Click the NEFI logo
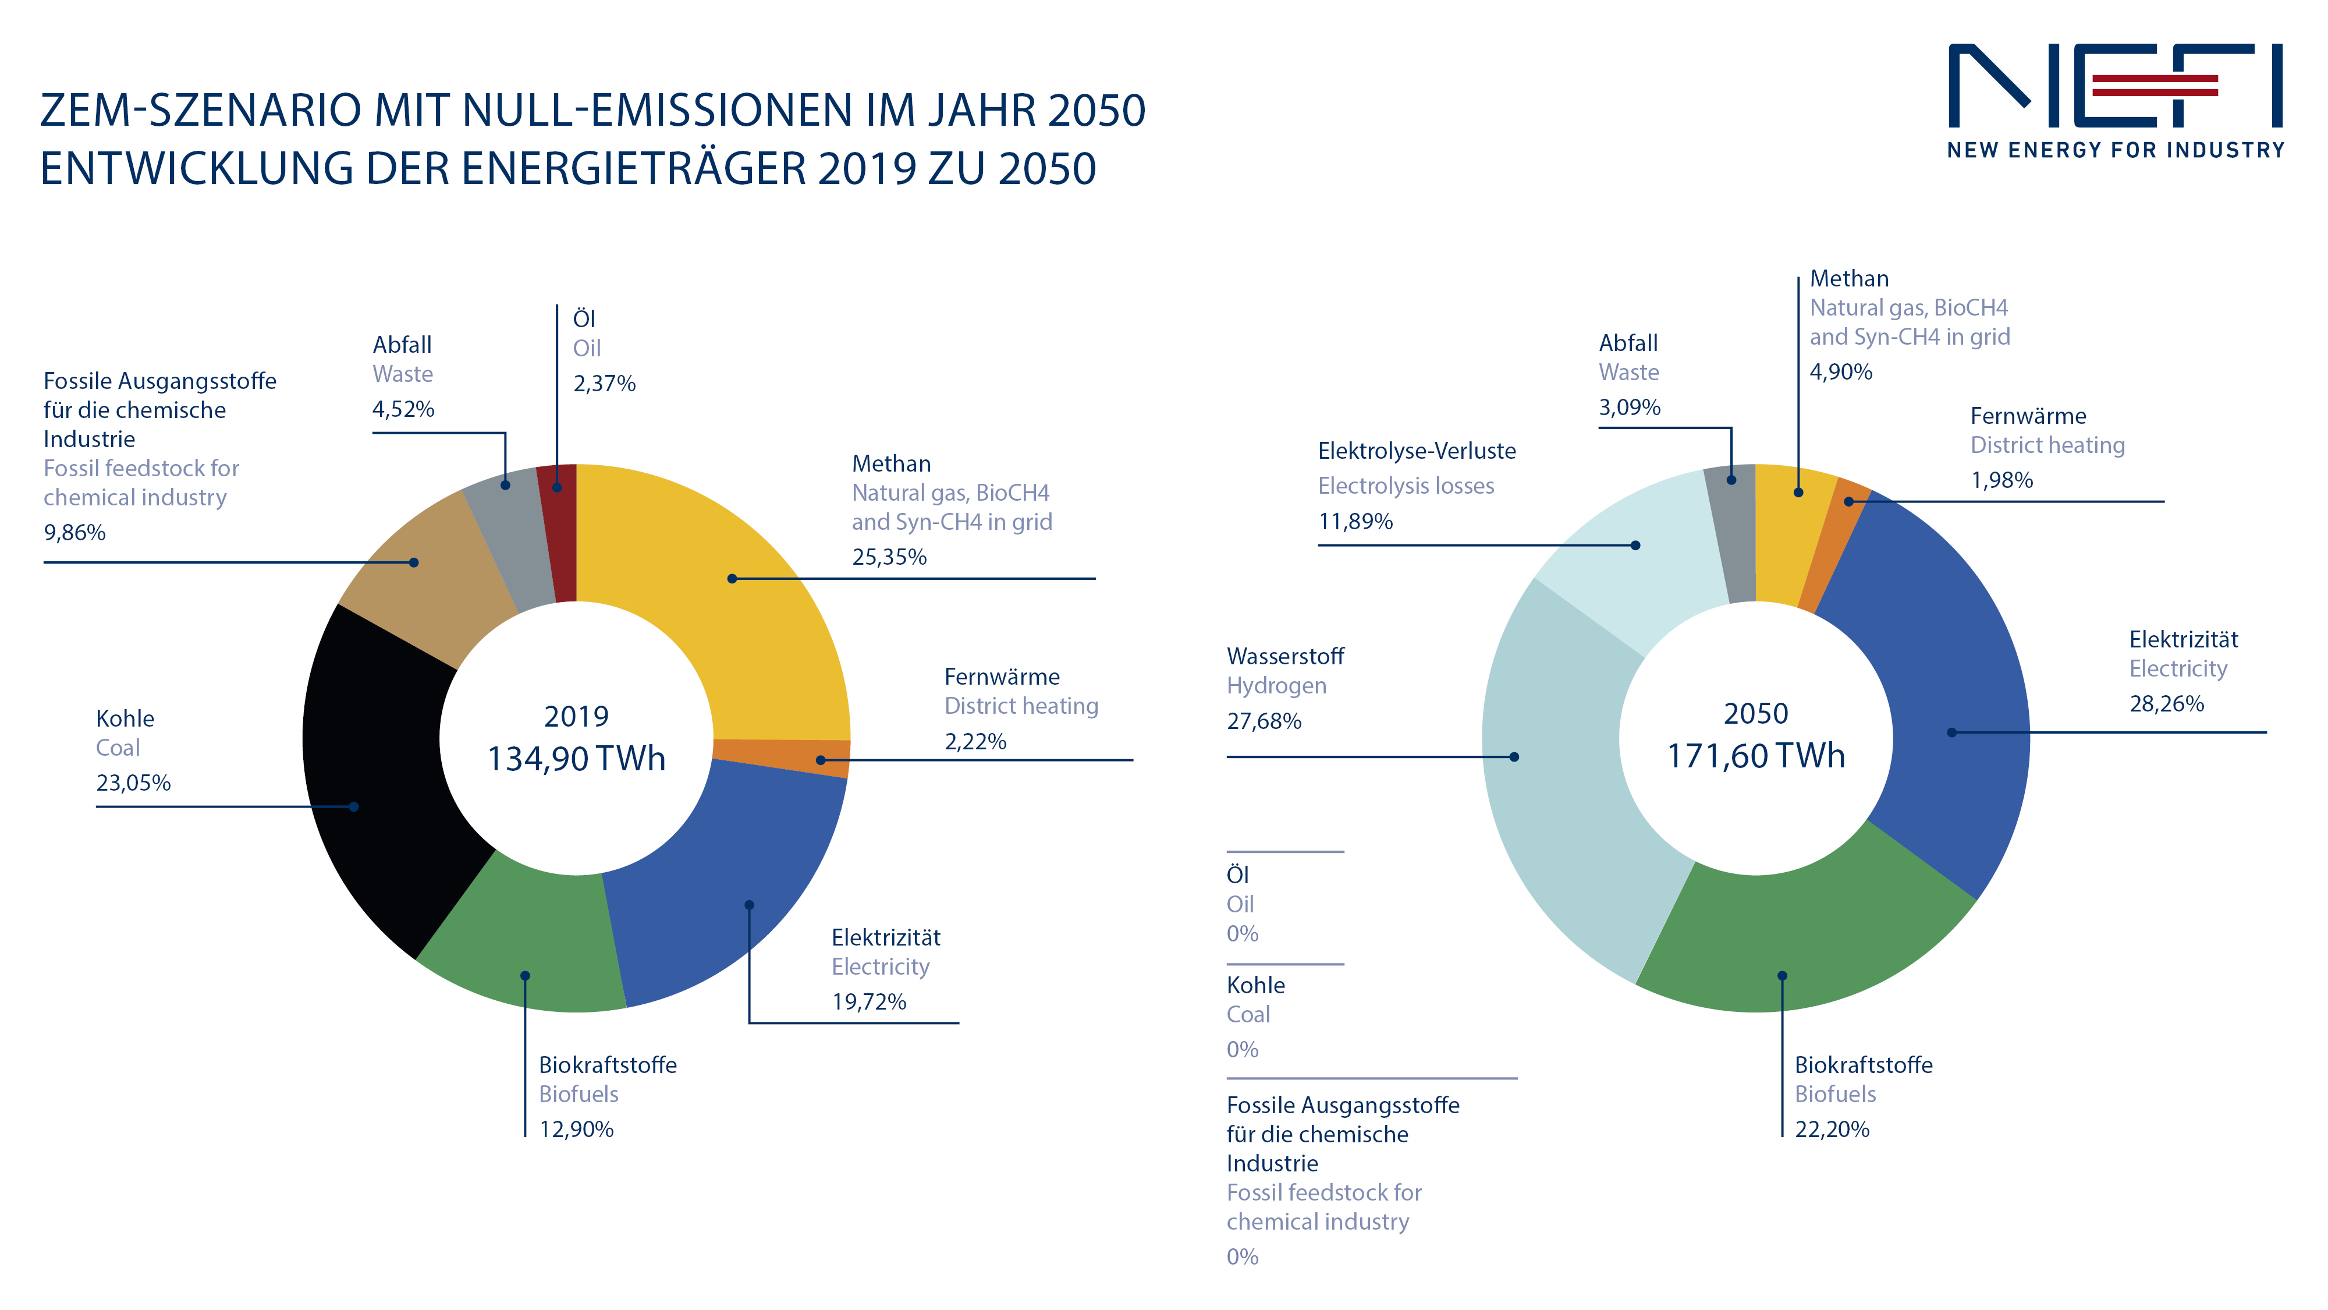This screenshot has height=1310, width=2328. point(2115,100)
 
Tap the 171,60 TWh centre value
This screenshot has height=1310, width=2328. point(1756,756)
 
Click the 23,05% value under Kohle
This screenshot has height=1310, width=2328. point(133,783)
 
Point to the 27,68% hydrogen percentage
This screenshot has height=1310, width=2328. point(1264,721)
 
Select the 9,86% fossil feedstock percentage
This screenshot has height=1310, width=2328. point(74,533)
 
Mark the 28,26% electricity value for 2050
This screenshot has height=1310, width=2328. point(2166,703)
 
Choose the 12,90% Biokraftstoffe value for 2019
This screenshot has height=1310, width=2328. point(576,1129)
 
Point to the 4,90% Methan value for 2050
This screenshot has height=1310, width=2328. point(1840,371)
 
